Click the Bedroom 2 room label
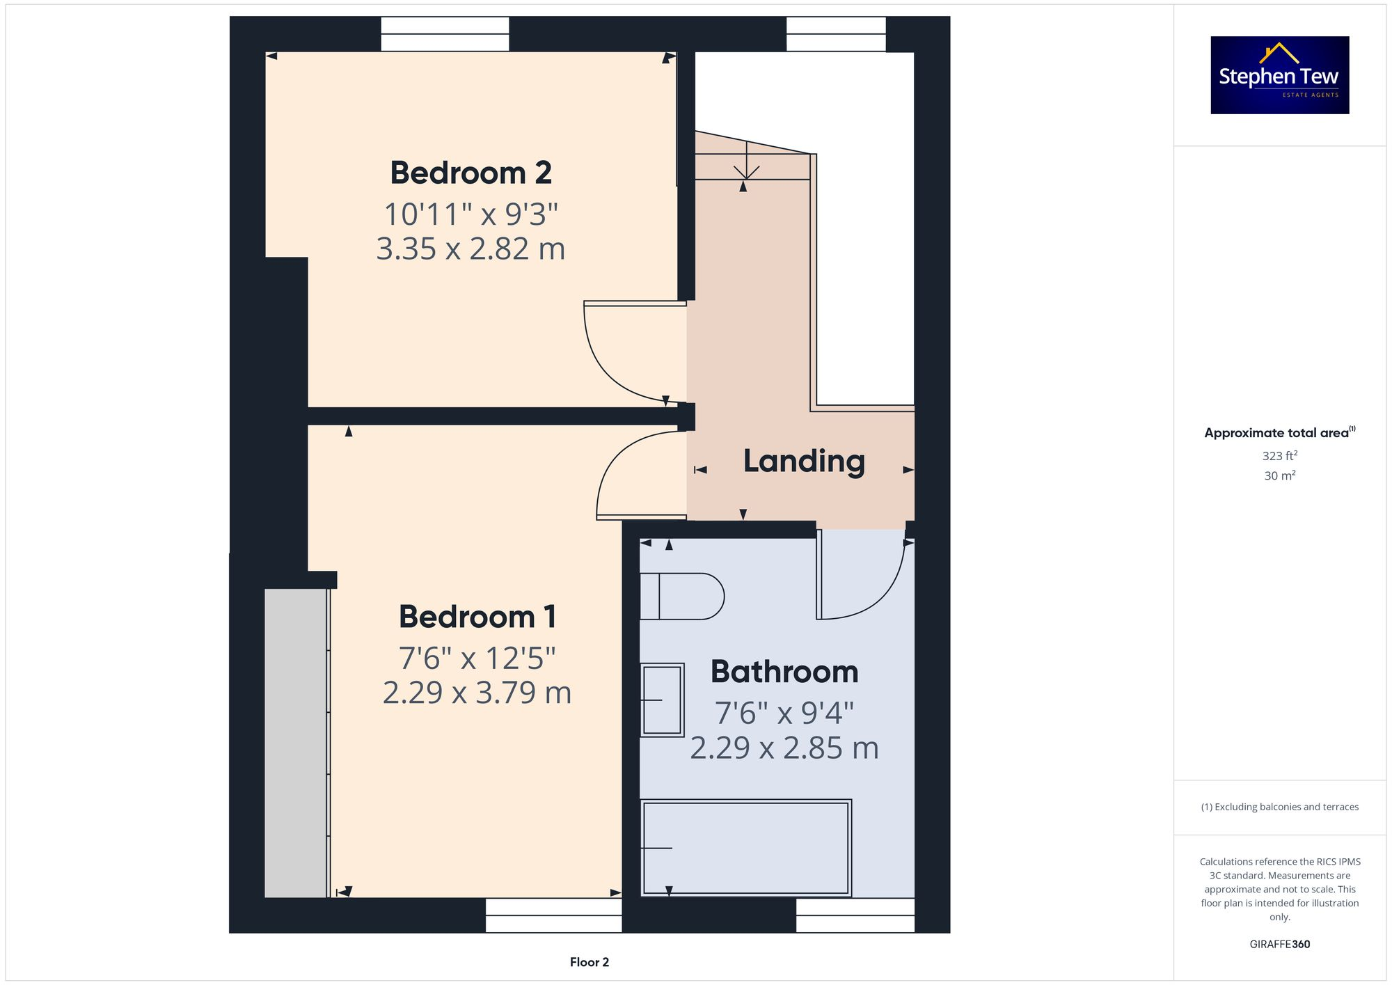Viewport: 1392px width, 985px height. pos(470,173)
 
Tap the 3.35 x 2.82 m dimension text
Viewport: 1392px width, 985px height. pos(470,249)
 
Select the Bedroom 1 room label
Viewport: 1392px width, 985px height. pos(477,617)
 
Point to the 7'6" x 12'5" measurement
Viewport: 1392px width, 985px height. pos(477,658)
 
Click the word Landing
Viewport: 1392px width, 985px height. pos(804,461)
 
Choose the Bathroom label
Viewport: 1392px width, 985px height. pos(784,672)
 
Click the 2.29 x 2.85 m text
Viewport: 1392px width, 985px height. pos(784,748)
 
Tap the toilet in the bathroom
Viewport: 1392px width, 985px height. pos(682,597)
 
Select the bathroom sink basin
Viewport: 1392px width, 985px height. pos(662,699)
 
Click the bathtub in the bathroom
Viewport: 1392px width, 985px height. pos(745,848)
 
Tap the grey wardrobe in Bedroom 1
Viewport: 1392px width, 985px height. pos(296,743)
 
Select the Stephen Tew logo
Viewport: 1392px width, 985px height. pos(1279,75)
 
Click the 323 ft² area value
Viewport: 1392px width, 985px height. pos(1279,456)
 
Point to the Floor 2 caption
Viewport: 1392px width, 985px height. pos(589,962)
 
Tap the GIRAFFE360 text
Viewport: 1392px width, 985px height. pos(1279,944)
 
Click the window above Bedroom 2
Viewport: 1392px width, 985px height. pos(445,34)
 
